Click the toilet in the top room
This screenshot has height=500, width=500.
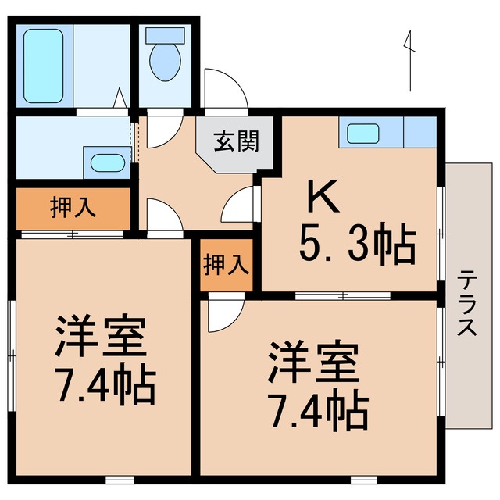pyautogui.click(x=166, y=57)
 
